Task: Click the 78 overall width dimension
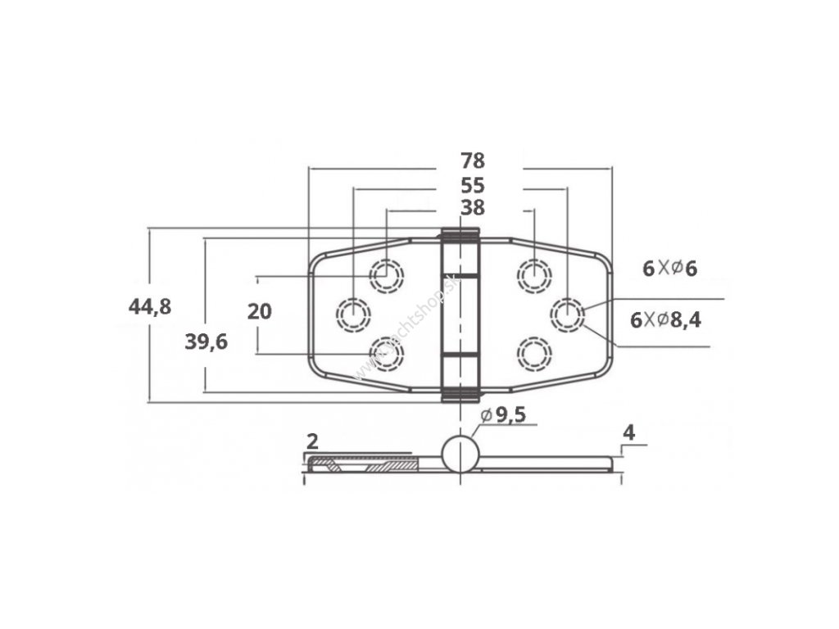[x=473, y=161]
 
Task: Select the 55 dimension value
[x=473, y=186]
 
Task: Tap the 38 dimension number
[x=473, y=208]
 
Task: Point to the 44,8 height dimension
[x=149, y=307]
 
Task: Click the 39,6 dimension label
[x=206, y=342]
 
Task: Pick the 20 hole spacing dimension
[x=259, y=311]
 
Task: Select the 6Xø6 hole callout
[x=669, y=268]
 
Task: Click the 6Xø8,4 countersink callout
[x=665, y=320]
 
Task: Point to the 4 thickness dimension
[x=628, y=432]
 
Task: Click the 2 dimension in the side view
[x=311, y=441]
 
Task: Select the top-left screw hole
[x=386, y=275]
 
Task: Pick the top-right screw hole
[x=533, y=274]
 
